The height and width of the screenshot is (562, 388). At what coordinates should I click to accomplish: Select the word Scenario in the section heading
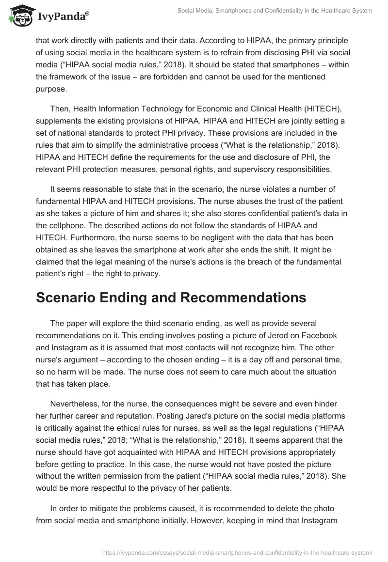click(x=69, y=297)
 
